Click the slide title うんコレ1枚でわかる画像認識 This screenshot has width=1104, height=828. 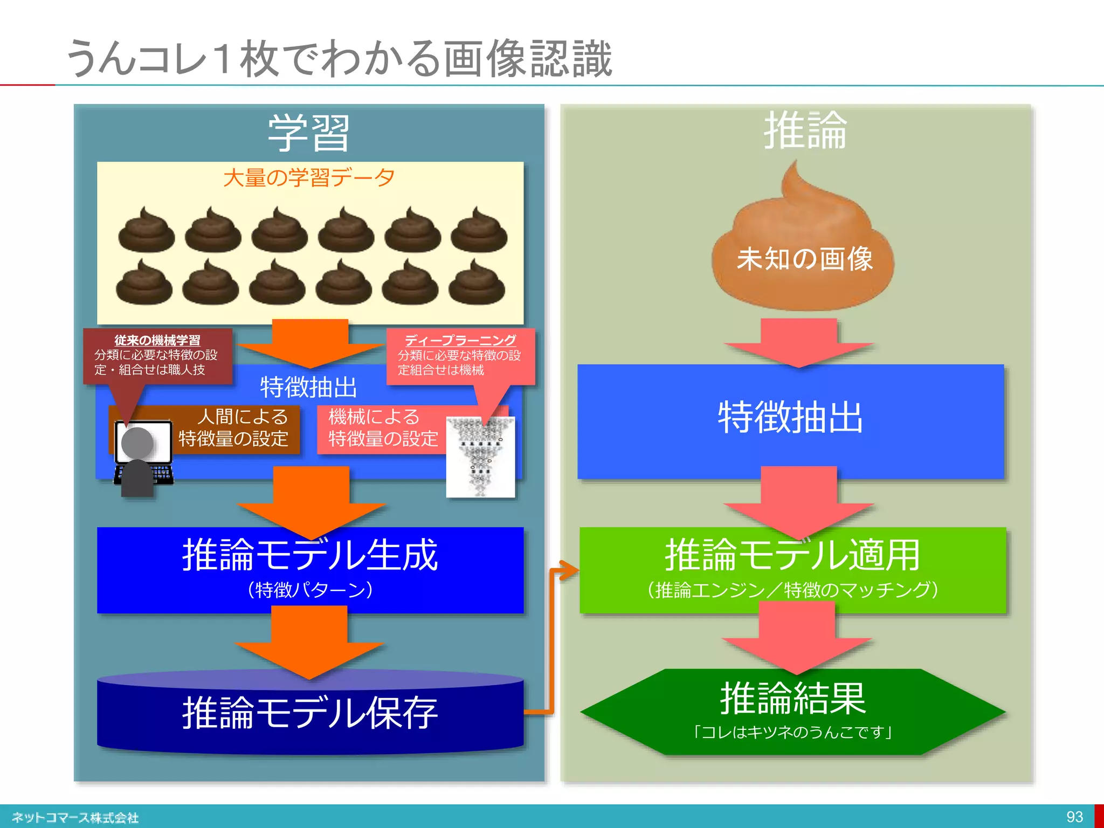pyautogui.click(x=340, y=58)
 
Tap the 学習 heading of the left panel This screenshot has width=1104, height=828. pyautogui.click(x=309, y=133)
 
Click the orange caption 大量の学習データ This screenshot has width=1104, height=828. pyautogui.click(x=309, y=177)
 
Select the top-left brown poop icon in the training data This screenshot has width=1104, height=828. pyautogui.click(x=147, y=231)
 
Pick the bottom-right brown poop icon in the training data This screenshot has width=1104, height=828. pyautogui.click(x=477, y=283)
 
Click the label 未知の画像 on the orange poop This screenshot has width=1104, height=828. pyautogui.click(x=804, y=259)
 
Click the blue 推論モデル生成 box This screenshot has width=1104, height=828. pyautogui.click(x=310, y=570)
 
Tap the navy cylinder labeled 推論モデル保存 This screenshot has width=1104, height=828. pyautogui.click(x=310, y=713)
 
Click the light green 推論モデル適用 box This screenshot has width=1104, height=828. pyautogui.click(x=792, y=570)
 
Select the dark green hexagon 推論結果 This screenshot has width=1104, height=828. pyautogui.click(x=792, y=712)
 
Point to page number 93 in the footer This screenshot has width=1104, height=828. pyautogui.click(x=1074, y=817)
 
